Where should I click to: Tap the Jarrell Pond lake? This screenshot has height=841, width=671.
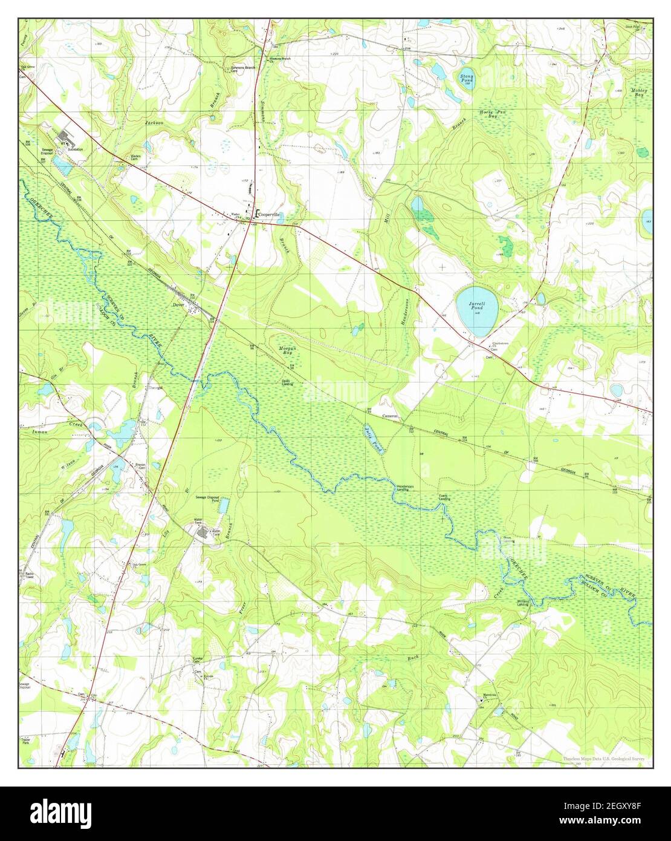pos(476,311)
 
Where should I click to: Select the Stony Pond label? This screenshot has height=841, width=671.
pos(466,79)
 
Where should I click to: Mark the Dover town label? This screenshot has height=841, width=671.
pos(178,305)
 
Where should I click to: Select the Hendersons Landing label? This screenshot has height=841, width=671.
pos(406,488)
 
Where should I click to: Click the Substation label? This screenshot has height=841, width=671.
pos(76,149)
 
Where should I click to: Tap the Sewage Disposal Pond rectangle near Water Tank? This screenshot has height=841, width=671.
pos(224,505)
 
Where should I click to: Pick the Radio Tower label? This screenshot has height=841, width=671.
pos(28,575)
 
